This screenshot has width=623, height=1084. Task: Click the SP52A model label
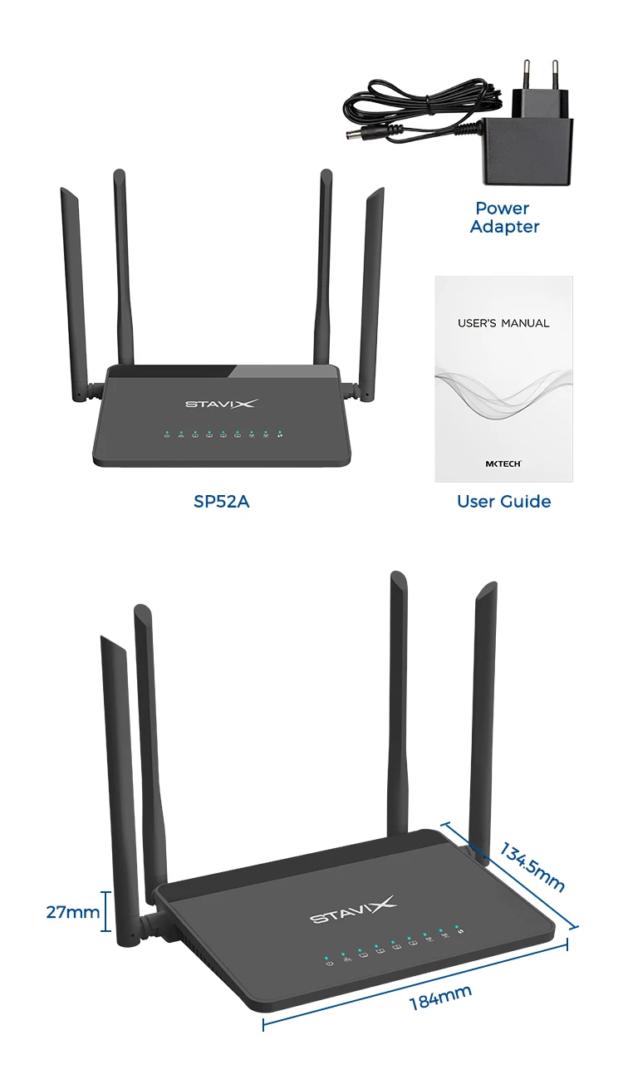click(222, 502)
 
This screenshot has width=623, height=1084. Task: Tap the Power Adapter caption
click(504, 218)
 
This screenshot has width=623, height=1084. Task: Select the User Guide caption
click(503, 502)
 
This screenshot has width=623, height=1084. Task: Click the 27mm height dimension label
click(72, 912)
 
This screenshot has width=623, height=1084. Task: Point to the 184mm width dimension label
click(440, 997)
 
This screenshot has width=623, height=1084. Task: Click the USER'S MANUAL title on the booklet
click(503, 323)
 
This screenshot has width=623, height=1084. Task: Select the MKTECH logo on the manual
click(503, 464)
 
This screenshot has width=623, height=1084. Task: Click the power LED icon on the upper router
click(167, 434)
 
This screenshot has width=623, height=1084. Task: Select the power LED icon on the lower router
click(330, 964)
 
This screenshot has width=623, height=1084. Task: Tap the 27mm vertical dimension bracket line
click(106, 912)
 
